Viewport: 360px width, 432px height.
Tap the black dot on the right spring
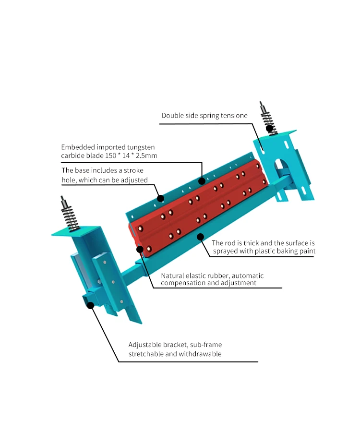(x=270, y=128)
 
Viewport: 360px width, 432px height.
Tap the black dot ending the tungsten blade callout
(x=202, y=181)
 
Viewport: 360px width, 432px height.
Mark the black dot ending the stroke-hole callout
(x=161, y=198)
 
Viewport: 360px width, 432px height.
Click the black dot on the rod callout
(x=201, y=237)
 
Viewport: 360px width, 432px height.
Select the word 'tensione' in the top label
(x=234, y=116)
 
